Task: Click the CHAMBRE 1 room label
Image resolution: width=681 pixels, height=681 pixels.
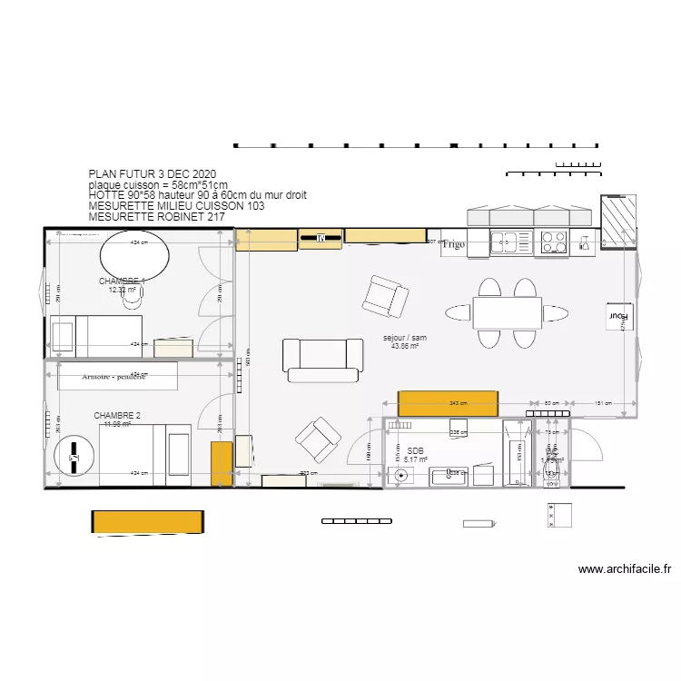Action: pyautogui.click(x=122, y=281)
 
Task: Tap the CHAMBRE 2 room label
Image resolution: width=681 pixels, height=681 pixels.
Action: pyautogui.click(x=117, y=415)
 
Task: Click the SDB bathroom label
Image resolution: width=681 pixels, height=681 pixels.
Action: pyautogui.click(x=415, y=451)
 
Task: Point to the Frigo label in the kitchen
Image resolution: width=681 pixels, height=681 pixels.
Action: pyautogui.click(x=453, y=244)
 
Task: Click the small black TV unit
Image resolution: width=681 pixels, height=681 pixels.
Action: pyautogui.click(x=321, y=239)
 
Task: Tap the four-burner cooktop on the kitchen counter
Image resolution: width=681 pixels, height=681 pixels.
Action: pyautogui.click(x=553, y=242)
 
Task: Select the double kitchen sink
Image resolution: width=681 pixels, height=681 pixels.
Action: pyautogui.click(x=503, y=242)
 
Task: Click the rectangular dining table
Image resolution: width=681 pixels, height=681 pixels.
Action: pyautogui.click(x=507, y=313)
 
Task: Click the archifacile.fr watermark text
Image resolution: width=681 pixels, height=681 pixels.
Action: pyautogui.click(x=625, y=570)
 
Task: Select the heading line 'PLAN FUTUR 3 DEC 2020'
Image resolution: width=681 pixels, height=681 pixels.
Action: pyautogui.click(x=152, y=173)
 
